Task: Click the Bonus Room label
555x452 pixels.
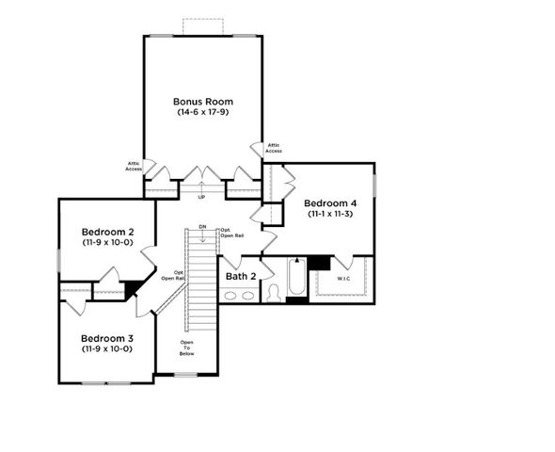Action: tap(202, 101)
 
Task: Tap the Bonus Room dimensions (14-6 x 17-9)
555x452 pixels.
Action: tap(202, 112)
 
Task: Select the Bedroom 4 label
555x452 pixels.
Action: tap(330, 202)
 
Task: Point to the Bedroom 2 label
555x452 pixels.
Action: tap(106, 232)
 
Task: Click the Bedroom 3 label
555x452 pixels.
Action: tap(106, 338)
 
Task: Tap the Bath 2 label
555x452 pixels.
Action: tap(239, 276)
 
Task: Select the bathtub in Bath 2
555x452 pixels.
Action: tap(293, 280)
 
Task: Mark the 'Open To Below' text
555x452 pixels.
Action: tap(187, 349)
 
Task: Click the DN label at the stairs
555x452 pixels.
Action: tap(201, 227)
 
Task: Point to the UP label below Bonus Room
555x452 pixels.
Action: tap(201, 197)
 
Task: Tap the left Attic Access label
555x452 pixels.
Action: tap(135, 166)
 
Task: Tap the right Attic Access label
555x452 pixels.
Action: tap(274, 148)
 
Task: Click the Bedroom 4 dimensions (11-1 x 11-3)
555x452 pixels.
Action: tap(330, 214)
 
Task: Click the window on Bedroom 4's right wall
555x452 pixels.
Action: tap(376, 186)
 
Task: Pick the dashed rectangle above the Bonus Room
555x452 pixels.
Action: tap(203, 26)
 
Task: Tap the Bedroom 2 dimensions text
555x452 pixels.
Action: tap(106, 243)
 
